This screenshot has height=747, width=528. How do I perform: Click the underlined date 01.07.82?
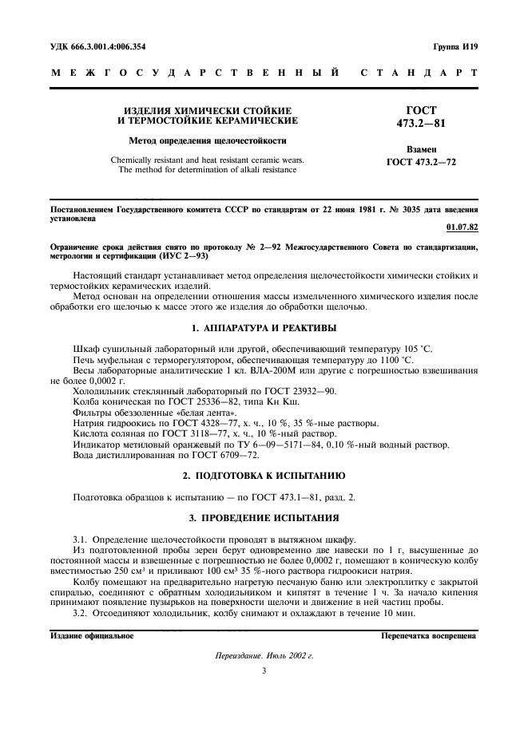tap(462, 227)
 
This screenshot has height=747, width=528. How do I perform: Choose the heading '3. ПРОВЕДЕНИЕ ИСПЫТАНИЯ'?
tap(264, 520)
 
